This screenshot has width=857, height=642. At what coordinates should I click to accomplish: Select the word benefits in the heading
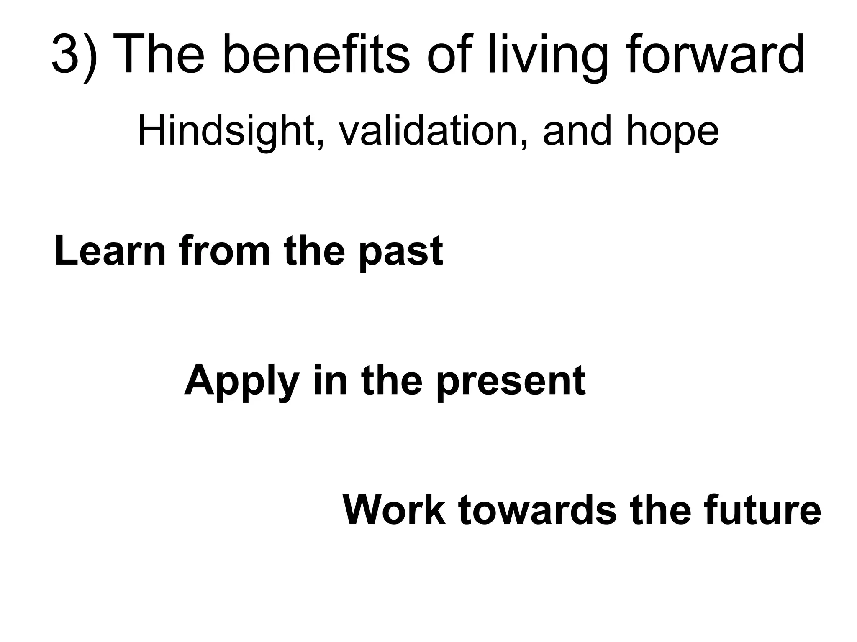[x=316, y=54]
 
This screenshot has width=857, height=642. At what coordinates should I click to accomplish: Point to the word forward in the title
[x=716, y=54]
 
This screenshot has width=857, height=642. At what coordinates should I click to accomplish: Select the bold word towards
[x=537, y=510]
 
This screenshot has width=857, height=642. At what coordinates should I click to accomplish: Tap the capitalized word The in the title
[x=159, y=54]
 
